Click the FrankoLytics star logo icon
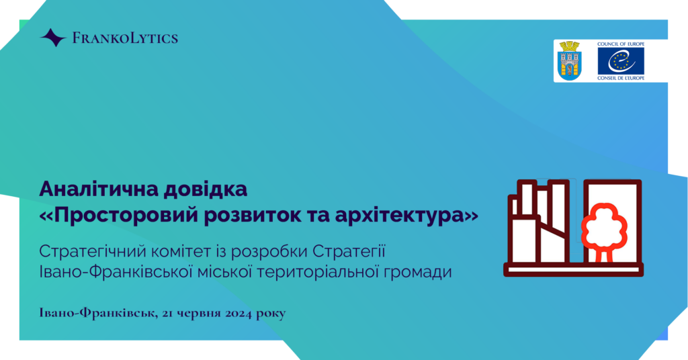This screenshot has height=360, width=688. click(x=53, y=38)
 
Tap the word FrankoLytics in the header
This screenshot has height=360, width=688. click(x=125, y=38)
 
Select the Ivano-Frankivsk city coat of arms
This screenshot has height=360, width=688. click(x=569, y=60)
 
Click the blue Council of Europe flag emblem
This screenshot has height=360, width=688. click(x=620, y=61)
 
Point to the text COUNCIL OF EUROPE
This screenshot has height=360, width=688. click(x=620, y=44)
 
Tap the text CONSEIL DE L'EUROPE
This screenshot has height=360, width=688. click(x=620, y=78)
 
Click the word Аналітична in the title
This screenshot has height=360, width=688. click(x=98, y=189)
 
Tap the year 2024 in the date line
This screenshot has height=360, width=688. click(x=238, y=314)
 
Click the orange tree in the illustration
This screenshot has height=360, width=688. click(x=604, y=232)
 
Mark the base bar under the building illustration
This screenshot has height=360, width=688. click(x=574, y=269)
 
